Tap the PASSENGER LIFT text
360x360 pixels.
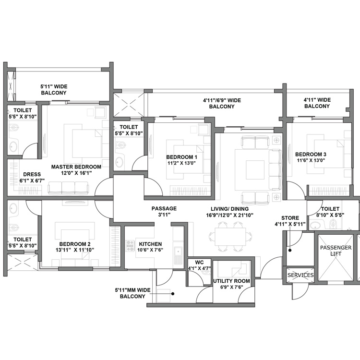pos(336,250)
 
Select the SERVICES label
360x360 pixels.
pos(300,276)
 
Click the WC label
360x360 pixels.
pos(199,262)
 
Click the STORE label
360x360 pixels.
pos(290,218)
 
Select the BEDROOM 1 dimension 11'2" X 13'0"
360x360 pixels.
pos(181,164)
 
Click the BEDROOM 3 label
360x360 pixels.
pos(311,154)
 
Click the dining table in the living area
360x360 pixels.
pos(229,236)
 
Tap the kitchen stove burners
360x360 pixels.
pos(130,245)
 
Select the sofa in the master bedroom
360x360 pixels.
pos(68,188)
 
